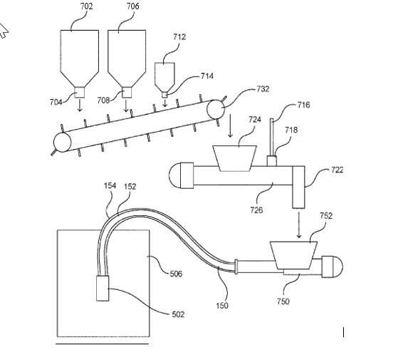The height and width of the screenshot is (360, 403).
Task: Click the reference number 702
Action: pos(86,6)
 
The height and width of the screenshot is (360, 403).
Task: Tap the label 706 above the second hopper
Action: pos(133,6)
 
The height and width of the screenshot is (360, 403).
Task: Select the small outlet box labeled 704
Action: pos(80,92)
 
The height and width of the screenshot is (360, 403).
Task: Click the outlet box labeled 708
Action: pos(127,92)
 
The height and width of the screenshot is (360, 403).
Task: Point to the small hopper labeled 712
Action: pos(164,77)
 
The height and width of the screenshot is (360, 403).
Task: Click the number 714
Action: pos(207,76)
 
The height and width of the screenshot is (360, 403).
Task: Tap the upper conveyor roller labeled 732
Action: pos(216,109)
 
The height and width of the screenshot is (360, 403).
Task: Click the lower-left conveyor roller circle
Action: pos(62,142)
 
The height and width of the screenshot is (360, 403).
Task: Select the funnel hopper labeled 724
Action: pos(234,158)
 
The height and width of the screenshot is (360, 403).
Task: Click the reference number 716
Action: pos(304,105)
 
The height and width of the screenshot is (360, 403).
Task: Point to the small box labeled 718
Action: pos(272,161)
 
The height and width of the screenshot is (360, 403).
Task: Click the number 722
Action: pos(337,170)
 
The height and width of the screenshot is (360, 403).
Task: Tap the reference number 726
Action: pos(256,210)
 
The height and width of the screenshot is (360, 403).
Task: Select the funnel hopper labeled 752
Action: pos(293,255)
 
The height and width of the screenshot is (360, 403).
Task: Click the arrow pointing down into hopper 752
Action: pos(298,225)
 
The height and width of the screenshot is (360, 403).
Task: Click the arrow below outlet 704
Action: pos(80,106)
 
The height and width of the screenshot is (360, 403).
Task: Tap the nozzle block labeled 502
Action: pos(103,288)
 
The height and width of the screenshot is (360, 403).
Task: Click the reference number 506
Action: pos(176,274)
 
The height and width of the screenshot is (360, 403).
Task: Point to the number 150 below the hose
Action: pos(222,306)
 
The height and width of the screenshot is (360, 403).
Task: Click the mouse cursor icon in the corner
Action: pos(4,31)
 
